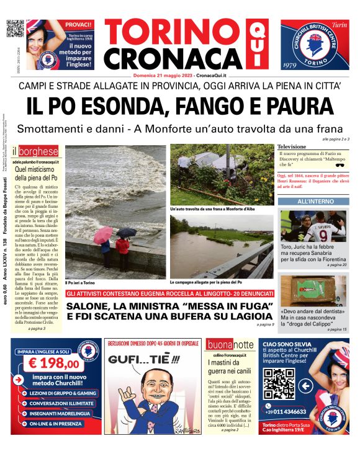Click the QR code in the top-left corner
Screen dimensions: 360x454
[15, 30]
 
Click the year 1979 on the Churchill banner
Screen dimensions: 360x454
[290, 65]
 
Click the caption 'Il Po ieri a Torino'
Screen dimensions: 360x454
[83, 283]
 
